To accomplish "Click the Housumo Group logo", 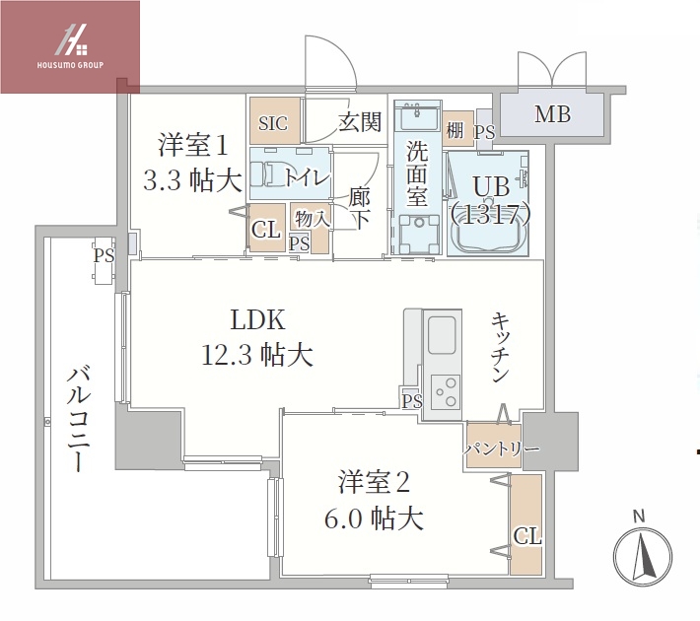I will click(x=70, y=47).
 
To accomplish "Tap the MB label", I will click(x=552, y=115).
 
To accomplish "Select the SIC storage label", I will click(x=273, y=124).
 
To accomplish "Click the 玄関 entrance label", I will click(x=360, y=123).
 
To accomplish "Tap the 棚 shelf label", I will click(x=455, y=129).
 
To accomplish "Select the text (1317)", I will click(x=490, y=213).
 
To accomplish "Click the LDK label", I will click(x=258, y=320).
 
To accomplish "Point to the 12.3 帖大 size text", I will click(x=259, y=355).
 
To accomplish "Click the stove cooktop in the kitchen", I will click(x=444, y=391).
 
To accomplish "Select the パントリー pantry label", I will click(x=502, y=449).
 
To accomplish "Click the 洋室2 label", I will click(x=374, y=482).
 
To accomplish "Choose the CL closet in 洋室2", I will click(x=526, y=536).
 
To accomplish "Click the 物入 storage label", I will click(x=306, y=220).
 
